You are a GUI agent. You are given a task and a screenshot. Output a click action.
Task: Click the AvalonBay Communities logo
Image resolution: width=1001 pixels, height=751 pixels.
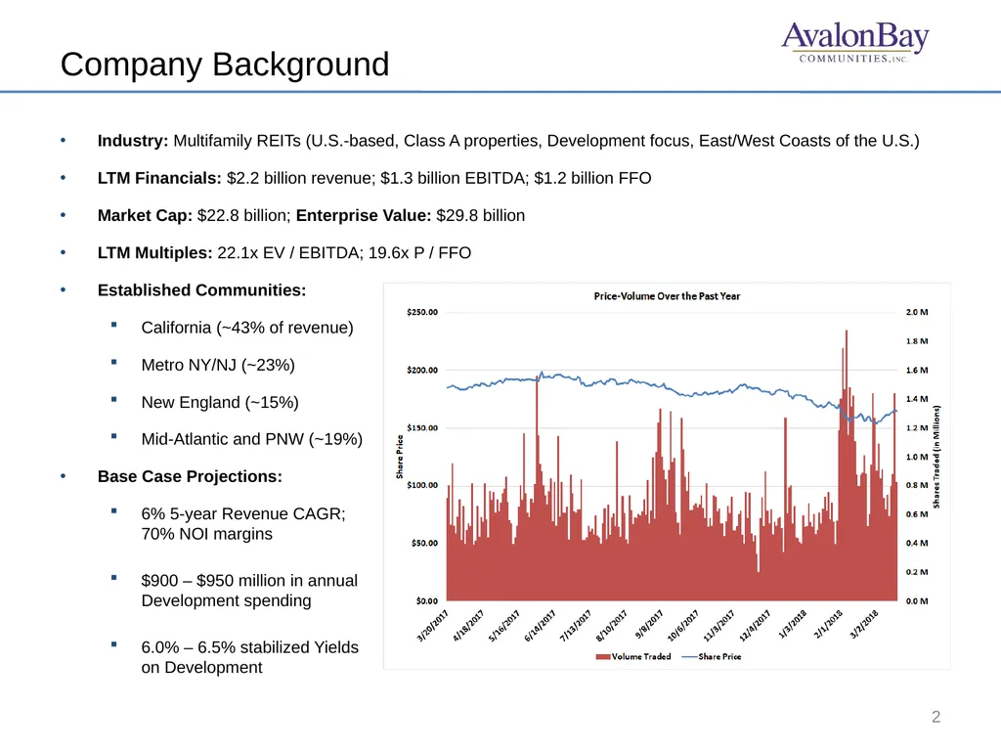click(854, 42)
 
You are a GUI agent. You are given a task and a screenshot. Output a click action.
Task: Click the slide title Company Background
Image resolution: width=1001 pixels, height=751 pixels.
click(225, 65)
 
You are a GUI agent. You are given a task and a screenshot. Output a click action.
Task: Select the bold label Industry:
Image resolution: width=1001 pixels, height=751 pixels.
click(133, 141)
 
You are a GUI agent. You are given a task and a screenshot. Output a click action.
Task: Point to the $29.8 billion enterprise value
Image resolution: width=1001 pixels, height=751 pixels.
click(480, 215)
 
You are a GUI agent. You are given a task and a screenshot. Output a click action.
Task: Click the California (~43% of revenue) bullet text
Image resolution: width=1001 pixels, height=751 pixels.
click(247, 328)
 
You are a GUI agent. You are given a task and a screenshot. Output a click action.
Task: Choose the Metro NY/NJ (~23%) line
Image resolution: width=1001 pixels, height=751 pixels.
click(218, 366)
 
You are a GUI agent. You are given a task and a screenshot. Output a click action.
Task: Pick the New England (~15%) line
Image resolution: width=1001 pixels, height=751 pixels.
click(220, 402)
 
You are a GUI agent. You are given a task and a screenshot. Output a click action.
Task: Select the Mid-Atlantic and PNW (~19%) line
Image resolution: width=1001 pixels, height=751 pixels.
click(251, 439)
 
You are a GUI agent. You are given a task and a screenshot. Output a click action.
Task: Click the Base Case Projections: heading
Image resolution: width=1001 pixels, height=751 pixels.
click(190, 476)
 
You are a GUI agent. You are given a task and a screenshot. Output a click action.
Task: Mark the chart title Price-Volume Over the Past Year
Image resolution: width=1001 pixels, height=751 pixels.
click(667, 296)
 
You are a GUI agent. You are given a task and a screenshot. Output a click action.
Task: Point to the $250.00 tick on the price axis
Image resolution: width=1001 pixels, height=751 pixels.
click(422, 312)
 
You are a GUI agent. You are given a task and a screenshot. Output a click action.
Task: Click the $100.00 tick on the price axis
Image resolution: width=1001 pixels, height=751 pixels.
click(422, 485)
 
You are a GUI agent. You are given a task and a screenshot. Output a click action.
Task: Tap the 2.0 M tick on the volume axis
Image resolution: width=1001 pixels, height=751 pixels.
click(917, 312)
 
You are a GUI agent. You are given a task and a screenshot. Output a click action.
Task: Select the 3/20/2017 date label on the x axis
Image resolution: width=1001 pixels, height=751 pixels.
click(433, 625)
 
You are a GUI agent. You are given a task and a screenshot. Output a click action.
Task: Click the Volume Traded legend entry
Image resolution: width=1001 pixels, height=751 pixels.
click(633, 656)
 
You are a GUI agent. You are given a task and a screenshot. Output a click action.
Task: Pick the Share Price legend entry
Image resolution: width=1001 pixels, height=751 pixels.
click(712, 656)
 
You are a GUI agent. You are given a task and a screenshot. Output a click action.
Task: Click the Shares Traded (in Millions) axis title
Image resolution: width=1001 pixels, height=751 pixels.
click(936, 457)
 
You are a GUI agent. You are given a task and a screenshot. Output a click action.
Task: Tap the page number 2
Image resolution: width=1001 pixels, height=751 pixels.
click(936, 717)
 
